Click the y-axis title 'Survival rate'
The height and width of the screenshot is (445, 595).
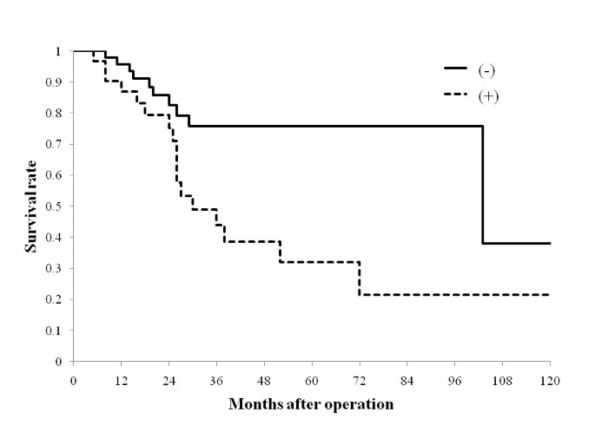click(30, 206)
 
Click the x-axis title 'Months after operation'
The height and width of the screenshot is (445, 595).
click(311, 404)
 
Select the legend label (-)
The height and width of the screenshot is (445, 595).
click(488, 67)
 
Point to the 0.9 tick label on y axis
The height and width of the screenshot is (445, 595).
click(59, 82)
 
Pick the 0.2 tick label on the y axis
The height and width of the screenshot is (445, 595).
click(59, 299)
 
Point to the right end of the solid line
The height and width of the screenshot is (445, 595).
click(549, 243)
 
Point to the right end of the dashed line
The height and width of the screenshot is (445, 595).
click(549, 295)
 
